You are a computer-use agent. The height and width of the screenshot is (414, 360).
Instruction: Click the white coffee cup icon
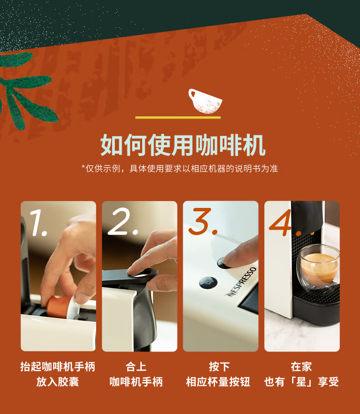click(x=205, y=101)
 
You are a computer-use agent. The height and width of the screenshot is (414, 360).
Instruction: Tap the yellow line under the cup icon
click(x=178, y=118)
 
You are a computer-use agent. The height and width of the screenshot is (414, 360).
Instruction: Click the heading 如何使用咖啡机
click(x=183, y=145)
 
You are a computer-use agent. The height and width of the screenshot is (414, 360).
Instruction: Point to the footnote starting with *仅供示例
click(x=180, y=168)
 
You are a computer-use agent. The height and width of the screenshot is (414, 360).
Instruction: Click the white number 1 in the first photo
click(x=38, y=223)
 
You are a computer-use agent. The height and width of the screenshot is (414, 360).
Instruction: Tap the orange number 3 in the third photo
click(x=203, y=221)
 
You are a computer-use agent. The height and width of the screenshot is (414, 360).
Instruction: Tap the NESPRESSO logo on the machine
click(x=242, y=282)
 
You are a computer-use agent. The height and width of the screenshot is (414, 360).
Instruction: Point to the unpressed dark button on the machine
click(x=208, y=283)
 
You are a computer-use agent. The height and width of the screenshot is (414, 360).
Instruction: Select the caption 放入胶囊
click(x=57, y=382)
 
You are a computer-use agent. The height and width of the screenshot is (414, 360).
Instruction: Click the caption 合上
click(x=136, y=367)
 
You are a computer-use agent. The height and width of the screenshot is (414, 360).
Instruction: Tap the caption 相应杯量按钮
click(x=218, y=382)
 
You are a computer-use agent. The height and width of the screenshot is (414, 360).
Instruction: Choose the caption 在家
click(x=301, y=367)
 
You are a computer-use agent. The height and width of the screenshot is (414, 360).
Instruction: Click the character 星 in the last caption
click(x=301, y=382)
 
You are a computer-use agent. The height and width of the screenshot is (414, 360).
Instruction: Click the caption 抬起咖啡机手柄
click(x=57, y=367)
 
